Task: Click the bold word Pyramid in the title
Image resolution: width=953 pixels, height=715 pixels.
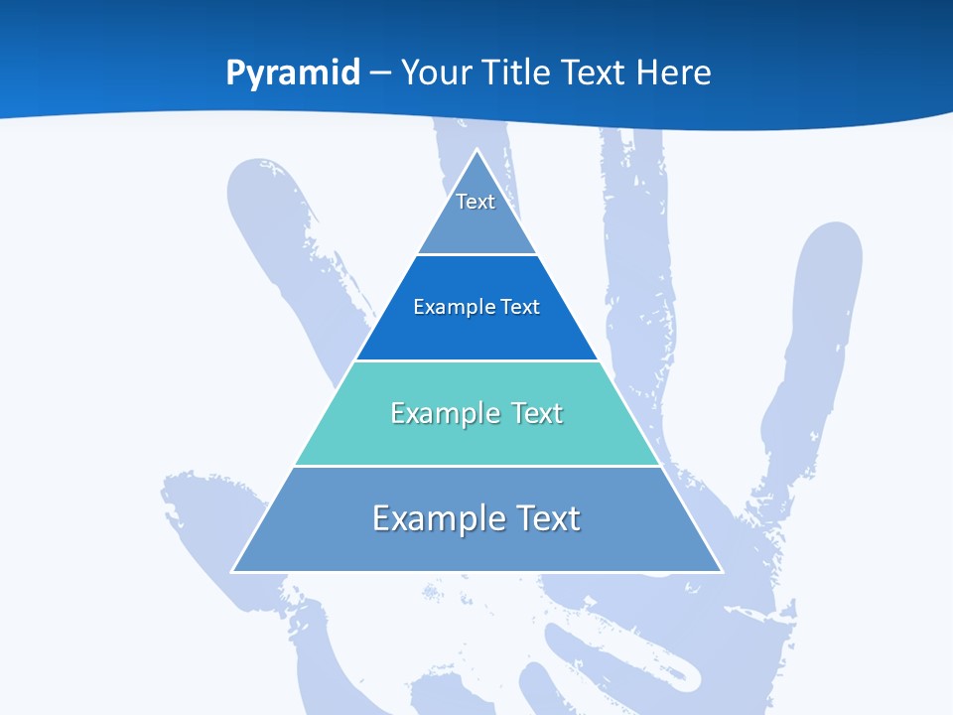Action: click(293, 73)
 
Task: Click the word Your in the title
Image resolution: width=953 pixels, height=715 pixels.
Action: click(437, 73)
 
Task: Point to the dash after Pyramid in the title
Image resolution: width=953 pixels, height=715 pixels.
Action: click(380, 73)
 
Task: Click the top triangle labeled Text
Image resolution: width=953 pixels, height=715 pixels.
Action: click(476, 214)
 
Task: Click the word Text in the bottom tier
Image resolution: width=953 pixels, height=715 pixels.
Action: click(543, 518)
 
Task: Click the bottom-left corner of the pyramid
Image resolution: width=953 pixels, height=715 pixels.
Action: click(232, 571)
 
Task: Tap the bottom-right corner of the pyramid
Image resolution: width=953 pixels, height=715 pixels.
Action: click(722, 571)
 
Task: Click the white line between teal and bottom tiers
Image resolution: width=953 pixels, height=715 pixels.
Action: click(476, 466)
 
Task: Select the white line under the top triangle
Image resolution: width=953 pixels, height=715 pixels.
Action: click(476, 254)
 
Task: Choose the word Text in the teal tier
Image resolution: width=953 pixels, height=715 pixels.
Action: click(537, 413)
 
